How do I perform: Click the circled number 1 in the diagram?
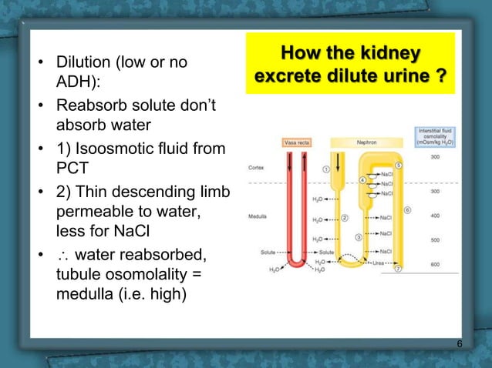[x=326, y=169]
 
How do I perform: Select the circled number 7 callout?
[x=398, y=269]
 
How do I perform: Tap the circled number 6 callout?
[x=406, y=209]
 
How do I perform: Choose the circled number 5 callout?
[x=398, y=166]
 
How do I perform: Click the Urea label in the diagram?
[x=377, y=262]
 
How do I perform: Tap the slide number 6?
[x=460, y=343]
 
